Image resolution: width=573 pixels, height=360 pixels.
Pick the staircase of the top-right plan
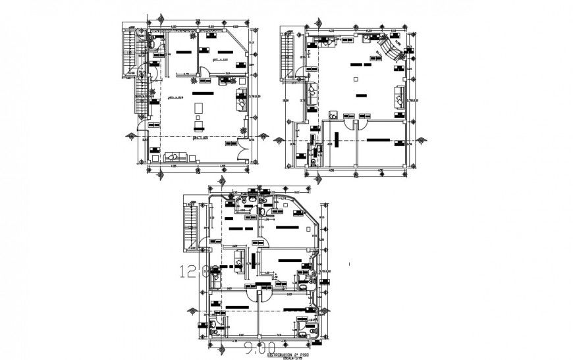[x=287, y=55]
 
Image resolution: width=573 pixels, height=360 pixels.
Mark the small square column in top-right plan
[x=356, y=79]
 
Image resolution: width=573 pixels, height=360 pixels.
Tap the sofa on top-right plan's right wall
[x=399, y=95]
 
